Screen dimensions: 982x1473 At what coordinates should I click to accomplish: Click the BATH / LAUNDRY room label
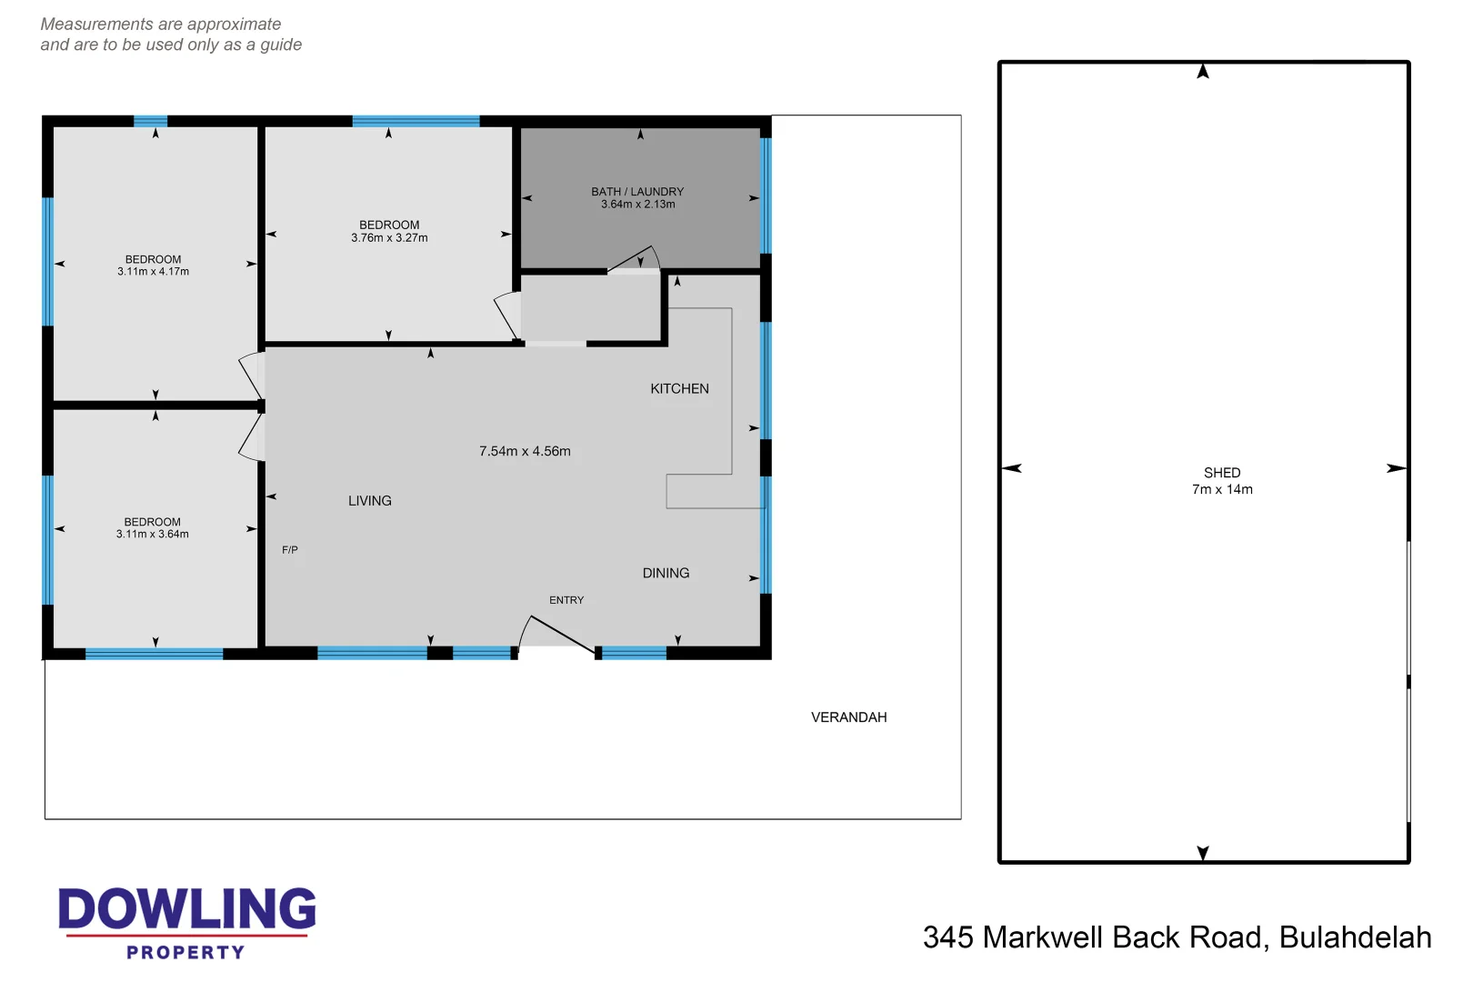[x=636, y=192]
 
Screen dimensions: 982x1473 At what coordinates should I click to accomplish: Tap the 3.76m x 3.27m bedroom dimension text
[x=389, y=238]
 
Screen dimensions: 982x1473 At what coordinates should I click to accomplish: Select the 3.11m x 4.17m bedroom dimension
[x=153, y=272]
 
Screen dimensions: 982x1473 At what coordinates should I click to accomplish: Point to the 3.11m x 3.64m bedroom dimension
[x=152, y=535]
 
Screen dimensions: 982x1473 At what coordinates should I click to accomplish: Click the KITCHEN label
[x=679, y=389]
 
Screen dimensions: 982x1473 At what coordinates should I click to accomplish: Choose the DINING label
[x=666, y=574]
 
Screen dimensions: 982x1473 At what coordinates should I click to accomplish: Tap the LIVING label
[x=369, y=501]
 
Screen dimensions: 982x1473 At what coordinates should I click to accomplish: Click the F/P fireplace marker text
[x=289, y=550]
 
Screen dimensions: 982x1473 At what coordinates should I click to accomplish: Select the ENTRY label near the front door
[x=566, y=600]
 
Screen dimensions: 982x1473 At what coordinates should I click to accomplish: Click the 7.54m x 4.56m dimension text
[x=525, y=452]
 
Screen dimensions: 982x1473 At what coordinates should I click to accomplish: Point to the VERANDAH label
[x=848, y=717]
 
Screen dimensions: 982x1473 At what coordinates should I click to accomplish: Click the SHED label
[x=1221, y=473]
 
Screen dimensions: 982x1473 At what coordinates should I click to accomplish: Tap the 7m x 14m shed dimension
[x=1221, y=490]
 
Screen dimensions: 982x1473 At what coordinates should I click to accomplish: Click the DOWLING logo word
[x=186, y=909]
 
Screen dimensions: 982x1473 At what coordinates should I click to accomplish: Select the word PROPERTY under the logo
[x=185, y=953]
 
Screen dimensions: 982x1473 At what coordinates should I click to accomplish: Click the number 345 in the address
[x=947, y=937]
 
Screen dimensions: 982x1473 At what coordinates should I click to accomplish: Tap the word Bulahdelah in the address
[x=1355, y=937]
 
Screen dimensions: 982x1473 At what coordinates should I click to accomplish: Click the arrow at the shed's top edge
[x=1202, y=71]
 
